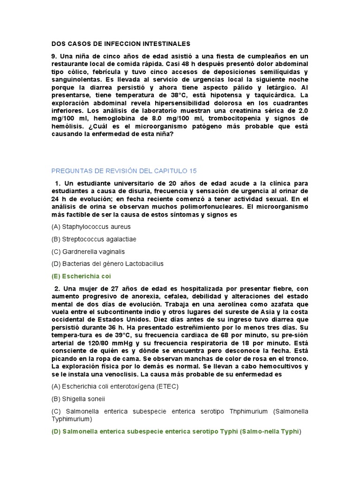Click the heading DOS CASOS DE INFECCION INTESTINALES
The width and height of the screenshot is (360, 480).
[x=121, y=44]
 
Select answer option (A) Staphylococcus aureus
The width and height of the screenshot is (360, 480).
[x=91, y=227]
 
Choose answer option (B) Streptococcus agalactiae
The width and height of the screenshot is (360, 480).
[x=94, y=239]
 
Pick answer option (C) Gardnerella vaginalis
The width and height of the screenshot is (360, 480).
[x=88, y=252]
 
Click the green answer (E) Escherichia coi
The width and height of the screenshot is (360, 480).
[x=81, y=277]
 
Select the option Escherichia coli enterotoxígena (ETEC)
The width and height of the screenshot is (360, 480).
[x=115, y=387]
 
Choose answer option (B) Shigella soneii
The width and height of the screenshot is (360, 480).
[x=78, y=399]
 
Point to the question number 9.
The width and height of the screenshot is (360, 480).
[x=54, y=56]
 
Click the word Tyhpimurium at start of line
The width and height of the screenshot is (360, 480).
[x=71, y=419]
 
